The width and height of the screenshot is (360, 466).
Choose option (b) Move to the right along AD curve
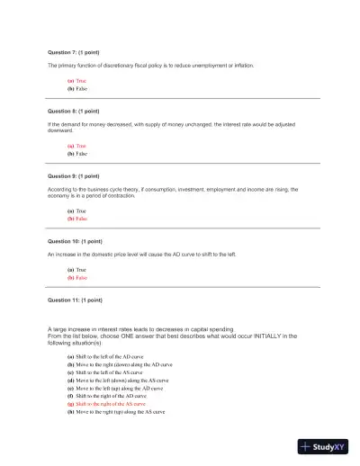[x=121, y=364]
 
